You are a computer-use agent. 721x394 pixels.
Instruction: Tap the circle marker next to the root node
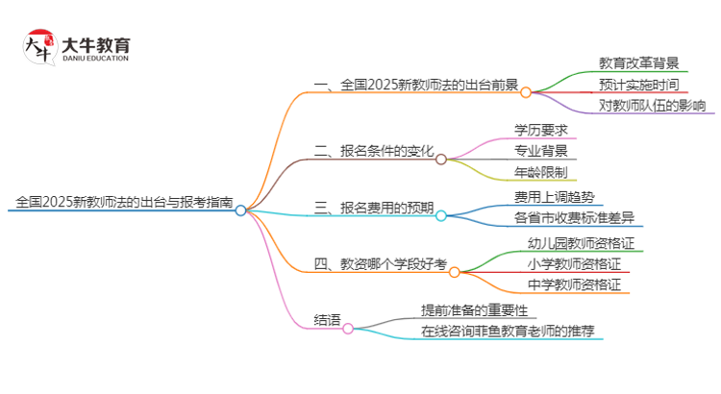point(241,209)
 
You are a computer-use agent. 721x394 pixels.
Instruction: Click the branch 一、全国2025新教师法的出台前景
point(416,85)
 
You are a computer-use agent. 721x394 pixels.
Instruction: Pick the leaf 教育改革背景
point(638,63)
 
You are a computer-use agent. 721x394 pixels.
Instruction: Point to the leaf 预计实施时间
point(638,85)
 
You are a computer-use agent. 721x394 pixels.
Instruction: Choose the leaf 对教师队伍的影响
point(652,106)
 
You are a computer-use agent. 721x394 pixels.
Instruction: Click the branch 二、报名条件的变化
point(374,151)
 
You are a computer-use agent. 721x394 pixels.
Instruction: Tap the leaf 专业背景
point(540,151)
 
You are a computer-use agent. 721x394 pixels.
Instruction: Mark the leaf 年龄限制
point(540,172)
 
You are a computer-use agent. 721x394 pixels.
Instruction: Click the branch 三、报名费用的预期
point(374,208)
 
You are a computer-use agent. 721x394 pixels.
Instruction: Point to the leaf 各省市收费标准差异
point(574,218)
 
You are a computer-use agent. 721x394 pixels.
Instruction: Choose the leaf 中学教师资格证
point(574,285)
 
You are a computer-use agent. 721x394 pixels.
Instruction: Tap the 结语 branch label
point(327,320)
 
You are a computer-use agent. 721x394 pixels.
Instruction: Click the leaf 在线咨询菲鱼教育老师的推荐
point(508,332)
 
